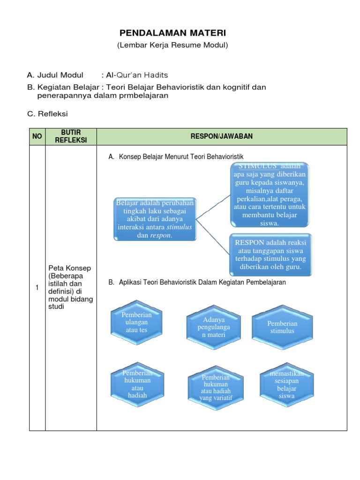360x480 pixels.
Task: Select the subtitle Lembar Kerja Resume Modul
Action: point(172,45)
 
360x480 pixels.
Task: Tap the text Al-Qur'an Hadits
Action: point(137,75)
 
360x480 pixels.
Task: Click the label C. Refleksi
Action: point(47,113)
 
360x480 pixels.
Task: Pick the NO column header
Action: point(37,136)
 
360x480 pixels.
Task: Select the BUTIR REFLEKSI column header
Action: point(71,136)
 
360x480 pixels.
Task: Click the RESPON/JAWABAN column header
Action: point(221,136)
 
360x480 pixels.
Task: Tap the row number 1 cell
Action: point(37,288)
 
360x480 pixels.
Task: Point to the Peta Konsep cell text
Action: point(70,287)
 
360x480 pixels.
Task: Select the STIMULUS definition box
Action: point(269,195)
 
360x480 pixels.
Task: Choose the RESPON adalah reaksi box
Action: point(270,255)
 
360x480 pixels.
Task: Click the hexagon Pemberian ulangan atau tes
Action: point(137,322)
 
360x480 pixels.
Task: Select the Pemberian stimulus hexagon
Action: point(282,327)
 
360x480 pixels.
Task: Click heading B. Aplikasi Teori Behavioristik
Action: point(197,283)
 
